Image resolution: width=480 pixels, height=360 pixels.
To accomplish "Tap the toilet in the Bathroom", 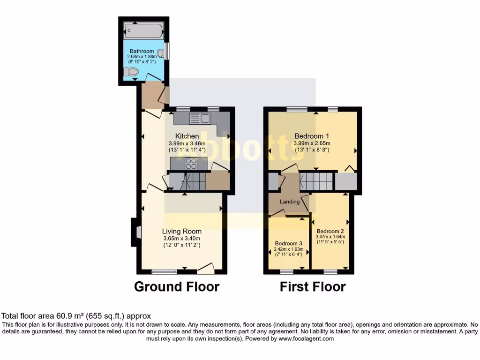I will coord(131,72).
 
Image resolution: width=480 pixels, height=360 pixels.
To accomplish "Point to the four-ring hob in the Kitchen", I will coord(191,164).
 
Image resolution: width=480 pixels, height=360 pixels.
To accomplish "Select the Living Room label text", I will coord(182,231).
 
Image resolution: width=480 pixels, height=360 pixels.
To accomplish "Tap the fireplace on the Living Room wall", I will coord(135,232).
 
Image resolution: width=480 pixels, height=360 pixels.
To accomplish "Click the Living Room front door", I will coord(206,268).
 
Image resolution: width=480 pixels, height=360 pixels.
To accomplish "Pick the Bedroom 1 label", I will coord(312,136).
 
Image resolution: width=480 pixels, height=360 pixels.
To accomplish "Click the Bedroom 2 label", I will coord(330,231).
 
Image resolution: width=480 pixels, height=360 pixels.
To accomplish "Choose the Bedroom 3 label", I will coord(289,243).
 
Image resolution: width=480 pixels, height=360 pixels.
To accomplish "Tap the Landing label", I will coord(290,202).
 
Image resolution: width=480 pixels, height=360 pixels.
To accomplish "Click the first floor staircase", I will coord(316,181).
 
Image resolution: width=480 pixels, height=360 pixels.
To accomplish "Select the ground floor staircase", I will coord(187,181).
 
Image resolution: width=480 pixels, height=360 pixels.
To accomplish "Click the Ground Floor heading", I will coord(177,286).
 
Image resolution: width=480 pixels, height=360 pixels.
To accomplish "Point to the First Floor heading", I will coord(313,286).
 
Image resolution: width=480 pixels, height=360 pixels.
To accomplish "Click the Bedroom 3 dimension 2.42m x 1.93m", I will coord(289,249).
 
